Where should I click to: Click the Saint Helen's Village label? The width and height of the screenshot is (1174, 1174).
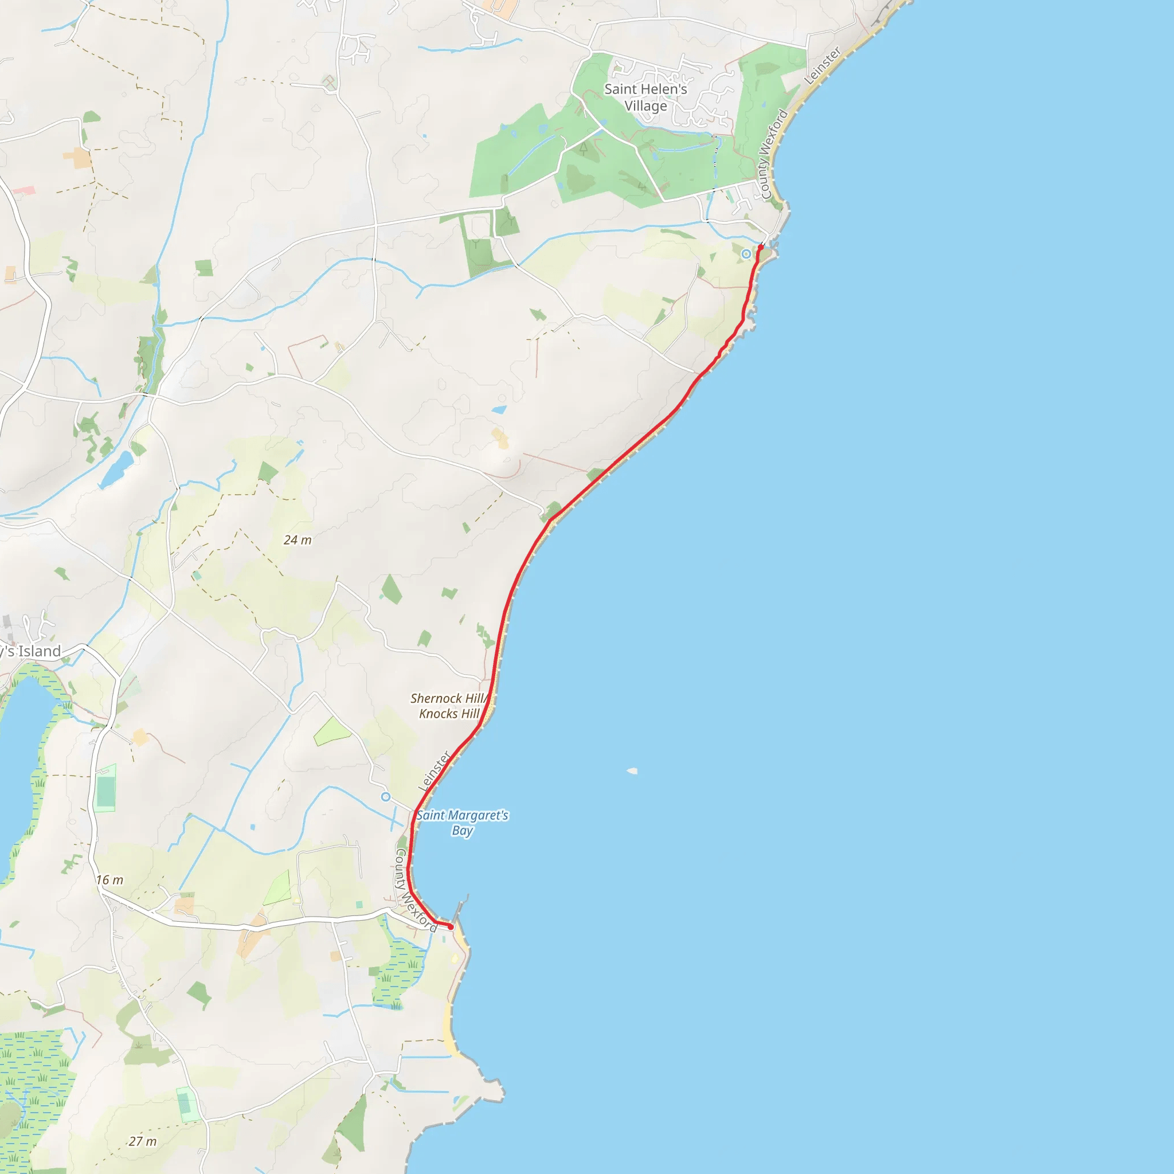click(645, 97)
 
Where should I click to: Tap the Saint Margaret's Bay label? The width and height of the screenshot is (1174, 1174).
click(463, 823)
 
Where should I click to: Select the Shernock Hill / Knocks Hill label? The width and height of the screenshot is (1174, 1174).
click(449, 706)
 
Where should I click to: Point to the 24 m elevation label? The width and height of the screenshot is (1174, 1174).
click(297, 540)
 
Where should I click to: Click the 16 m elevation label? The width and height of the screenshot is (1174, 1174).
click(109, 880)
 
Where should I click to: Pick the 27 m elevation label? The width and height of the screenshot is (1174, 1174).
click(142, 1142)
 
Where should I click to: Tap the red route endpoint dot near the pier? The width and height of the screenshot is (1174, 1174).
click(450, 927)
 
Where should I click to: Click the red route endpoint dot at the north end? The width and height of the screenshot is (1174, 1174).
click(760, 246)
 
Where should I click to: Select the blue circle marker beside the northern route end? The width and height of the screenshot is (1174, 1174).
click(746, 254)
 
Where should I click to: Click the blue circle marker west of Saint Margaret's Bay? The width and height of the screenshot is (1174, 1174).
click(385, 797)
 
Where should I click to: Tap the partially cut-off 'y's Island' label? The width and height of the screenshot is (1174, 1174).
click(30, 651)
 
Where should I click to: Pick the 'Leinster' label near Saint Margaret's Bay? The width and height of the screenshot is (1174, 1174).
click(435, 771)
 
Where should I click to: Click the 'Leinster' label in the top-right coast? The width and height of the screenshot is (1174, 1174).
click(822, 65)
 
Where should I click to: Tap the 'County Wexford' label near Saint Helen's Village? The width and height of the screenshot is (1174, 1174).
click(773, 154)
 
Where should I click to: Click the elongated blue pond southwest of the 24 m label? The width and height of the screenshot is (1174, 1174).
click(117, 469)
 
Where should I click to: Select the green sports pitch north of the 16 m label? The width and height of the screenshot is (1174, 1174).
click(105, 788)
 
